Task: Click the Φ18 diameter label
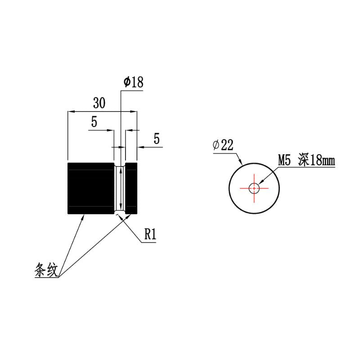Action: click(x=133, y=82)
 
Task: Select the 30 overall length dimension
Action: click(x=99, y=103)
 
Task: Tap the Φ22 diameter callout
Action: click(x=223, y=145)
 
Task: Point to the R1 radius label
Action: click(x=150, y=234)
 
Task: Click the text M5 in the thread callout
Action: click(x=284, y=160)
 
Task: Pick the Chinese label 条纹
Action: click(x=46, y=270)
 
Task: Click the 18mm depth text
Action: click(x=322, y=160)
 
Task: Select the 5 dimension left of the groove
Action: click(x=94, y=121)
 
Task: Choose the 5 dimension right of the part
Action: click(x=157, y=139)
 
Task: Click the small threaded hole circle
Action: click(x=254, y=188)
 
